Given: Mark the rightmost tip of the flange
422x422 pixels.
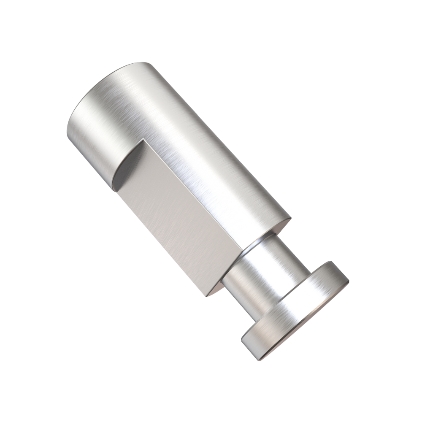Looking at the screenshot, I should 349,279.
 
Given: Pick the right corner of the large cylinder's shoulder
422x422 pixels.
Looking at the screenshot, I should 290,217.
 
